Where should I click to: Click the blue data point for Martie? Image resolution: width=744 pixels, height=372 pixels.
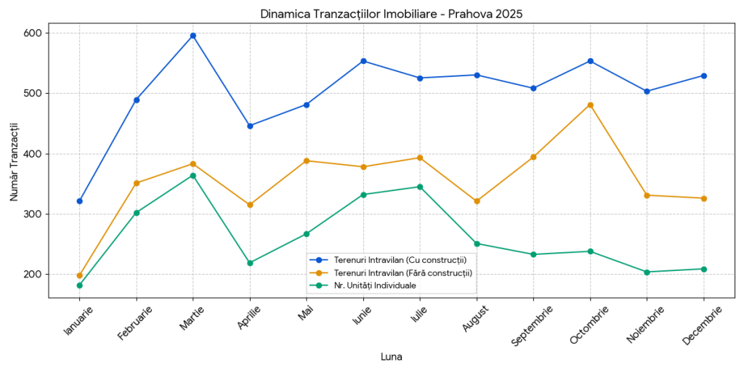193,36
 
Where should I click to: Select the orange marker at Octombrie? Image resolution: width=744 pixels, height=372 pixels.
590,105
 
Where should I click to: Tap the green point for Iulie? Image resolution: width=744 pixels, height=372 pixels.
420,187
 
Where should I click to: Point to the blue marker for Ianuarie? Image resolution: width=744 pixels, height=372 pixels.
79,201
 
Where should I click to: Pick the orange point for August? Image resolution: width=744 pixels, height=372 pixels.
477,201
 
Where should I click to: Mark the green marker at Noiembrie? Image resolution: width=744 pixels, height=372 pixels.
647,272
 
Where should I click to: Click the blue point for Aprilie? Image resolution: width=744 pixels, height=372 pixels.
250,126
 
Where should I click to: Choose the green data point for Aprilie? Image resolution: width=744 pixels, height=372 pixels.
250,263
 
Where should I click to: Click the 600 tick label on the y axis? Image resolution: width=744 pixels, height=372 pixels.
34,33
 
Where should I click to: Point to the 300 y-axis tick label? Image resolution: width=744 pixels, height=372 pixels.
34,214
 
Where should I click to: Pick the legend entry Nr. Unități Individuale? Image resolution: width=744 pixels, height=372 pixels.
375,286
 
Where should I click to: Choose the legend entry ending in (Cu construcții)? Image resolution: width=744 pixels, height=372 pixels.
400,259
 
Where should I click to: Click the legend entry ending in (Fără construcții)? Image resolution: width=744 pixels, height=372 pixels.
403,272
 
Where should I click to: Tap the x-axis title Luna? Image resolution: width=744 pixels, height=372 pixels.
391,357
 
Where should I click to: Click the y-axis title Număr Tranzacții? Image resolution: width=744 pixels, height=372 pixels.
15,166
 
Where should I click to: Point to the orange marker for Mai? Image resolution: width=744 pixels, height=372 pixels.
307,161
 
